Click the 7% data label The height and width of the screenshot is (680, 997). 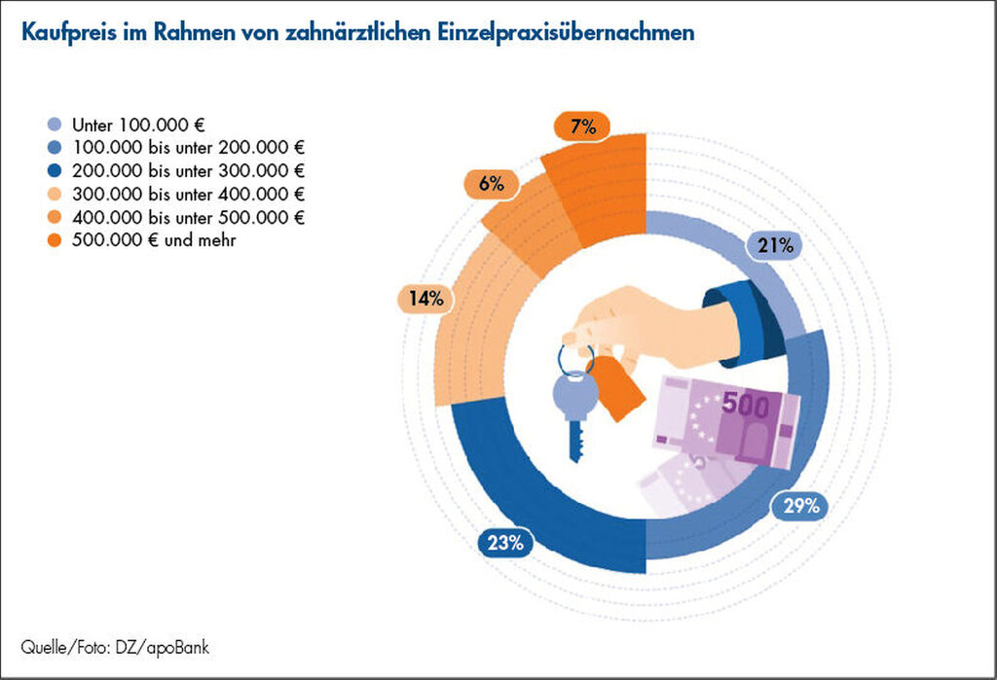tap(582, 126)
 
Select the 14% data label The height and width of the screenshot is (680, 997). tap(425, 299)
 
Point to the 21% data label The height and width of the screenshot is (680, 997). tap(775, 246)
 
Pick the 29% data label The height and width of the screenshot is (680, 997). tap(799, 505)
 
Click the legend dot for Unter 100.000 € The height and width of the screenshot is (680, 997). tap(54, 125)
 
